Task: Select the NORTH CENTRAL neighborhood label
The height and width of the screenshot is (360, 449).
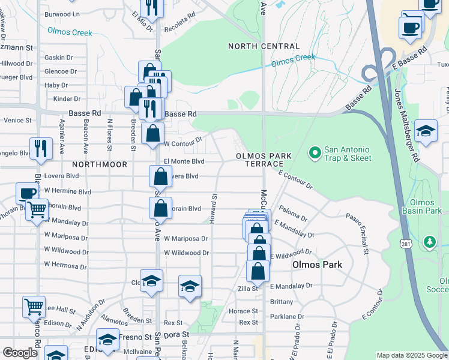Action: pos(264,46)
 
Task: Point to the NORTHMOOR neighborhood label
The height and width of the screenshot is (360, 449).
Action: pos(100,164)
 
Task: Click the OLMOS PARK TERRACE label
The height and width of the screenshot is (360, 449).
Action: pos(264,160)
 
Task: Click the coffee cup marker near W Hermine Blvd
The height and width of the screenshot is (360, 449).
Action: pos(26,193)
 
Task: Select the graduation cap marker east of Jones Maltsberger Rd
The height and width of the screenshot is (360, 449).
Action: pos(426,131)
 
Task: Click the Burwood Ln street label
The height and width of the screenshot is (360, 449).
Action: pos(62,14)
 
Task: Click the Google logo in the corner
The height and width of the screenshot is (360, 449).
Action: pos(20,353)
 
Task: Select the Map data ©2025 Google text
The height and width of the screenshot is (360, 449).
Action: pos(411,355)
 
